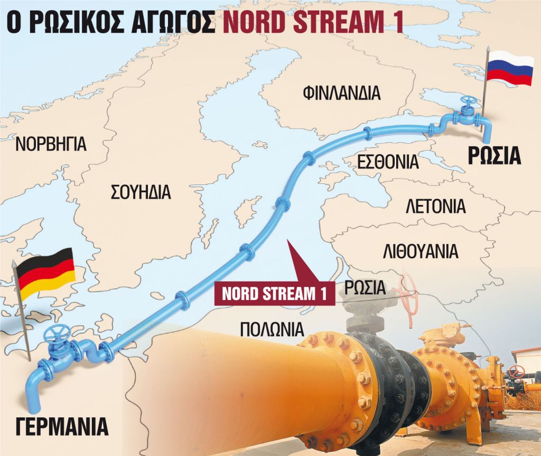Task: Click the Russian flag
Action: click(509, 68)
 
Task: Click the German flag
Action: click(45, 271)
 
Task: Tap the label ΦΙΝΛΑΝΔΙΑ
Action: click(341, 93)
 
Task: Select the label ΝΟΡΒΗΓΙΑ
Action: click(51, 144)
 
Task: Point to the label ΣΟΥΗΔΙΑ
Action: click(141, 192)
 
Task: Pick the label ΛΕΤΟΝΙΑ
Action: click(435, 206)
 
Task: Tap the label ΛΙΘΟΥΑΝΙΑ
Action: click(420, 252)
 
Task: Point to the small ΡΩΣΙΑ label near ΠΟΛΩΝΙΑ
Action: click(365, 288)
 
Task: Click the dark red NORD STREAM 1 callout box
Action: click(274, 294)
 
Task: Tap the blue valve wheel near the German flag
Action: click(57, 334)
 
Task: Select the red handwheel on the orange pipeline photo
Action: click(408, 292)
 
